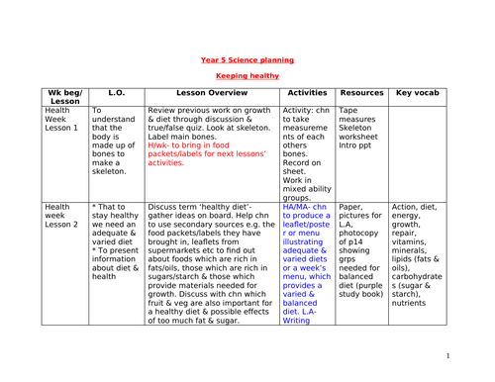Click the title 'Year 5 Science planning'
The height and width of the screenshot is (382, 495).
pyautogui.click(x=247, y=59)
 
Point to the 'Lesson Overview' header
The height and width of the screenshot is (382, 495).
pyautogui.click(x=211, y=95)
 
